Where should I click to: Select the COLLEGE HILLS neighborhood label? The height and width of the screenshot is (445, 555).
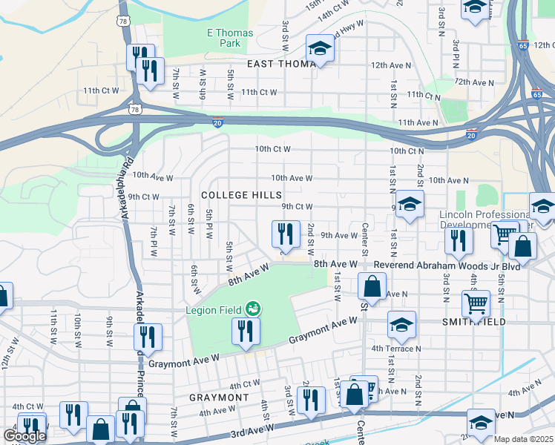241,195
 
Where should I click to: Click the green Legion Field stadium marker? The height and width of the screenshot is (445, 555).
254,307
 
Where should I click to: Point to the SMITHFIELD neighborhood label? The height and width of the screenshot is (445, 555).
475,322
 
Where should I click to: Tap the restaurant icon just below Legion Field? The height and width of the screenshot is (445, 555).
246,332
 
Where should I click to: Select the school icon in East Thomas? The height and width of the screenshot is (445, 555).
321,49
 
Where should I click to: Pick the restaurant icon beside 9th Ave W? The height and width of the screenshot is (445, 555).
286,234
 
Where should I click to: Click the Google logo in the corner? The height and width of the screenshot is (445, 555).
24,436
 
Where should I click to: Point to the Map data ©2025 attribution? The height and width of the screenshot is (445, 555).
524,439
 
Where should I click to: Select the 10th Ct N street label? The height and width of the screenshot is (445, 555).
407,151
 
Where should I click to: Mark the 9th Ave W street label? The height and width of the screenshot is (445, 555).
339,235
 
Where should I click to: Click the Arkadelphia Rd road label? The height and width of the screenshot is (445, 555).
128,193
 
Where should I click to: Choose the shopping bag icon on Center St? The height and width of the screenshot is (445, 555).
372,286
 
